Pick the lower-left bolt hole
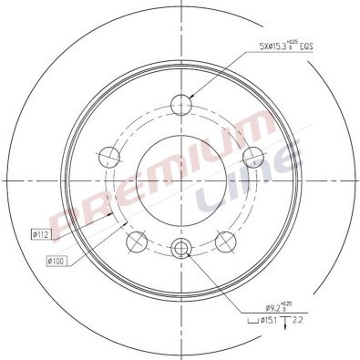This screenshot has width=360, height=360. pyautogui.click(x=136, y=242)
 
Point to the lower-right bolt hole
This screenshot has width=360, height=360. pyautogui.click(x=226, y=242)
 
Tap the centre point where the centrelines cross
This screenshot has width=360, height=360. pyautogui.click(x=180, y=180)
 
